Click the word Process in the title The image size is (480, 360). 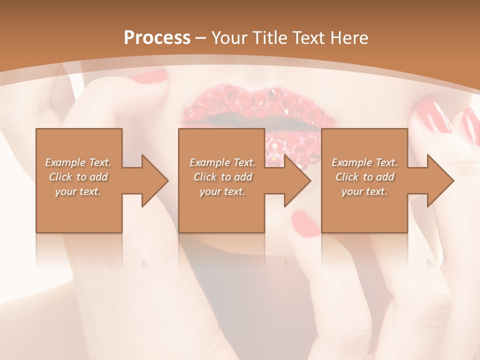coord(157,38)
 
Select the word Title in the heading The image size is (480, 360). coord(269,38)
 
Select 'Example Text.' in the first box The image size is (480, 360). coord(78,162)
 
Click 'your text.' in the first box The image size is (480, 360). coord(78,191)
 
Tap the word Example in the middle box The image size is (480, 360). coord(209,162)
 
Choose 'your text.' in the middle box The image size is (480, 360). coord(222,191)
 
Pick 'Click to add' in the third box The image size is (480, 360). coord(364,177)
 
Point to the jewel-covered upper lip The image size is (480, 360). coord(255,102)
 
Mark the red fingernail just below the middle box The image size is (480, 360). coord(305,223)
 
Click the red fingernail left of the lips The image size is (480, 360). coord(150,76)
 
